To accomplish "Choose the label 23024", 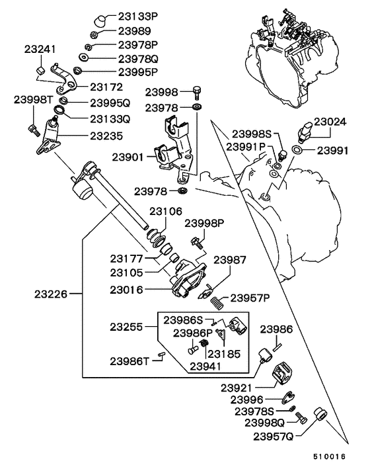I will pos(329,122).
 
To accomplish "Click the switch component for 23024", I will pos(306,130).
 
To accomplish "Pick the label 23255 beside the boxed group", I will pos(128,327).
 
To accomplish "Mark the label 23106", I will pos(165,212).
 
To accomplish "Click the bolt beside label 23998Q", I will pos(301,419).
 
